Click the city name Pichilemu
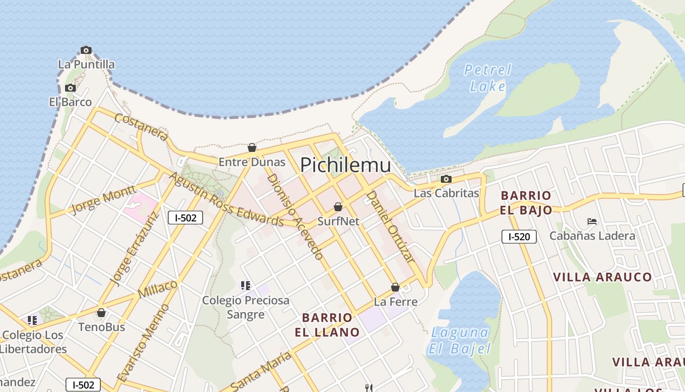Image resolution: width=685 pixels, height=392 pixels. click(x=345, y=165)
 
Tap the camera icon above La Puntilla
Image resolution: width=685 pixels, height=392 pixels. click(x=86, y=50)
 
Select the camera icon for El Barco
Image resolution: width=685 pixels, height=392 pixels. click(x=70, y=88)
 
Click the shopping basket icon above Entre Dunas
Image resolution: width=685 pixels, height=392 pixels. click(x=252, y=147)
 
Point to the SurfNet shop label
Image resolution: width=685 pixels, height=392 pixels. click(x=338, y=221)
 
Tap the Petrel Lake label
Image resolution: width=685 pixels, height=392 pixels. click(x=488, y=78)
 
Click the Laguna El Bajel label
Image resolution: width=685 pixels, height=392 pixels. click(x=459, y=341)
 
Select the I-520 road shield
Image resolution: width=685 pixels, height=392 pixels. click(x=519, y=237)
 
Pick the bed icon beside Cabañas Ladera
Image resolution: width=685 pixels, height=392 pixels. click(x=592, y=221)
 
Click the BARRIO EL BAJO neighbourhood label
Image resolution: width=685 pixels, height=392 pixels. click(x=526, y=203)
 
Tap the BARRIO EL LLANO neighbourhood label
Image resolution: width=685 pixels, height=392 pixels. click(x=327, y=325)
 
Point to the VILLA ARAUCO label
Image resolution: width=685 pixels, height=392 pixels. click(x=602, y=277)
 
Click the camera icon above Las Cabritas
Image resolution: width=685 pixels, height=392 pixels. click(x=446, y=179)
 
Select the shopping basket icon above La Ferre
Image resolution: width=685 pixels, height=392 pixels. click(x=395, y=287)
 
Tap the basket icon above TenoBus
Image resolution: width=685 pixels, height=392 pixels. click(x=101, y=313)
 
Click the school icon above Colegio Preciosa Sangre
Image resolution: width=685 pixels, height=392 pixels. click(x=246, y=285)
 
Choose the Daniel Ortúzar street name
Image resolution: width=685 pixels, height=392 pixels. click(x=390, y=226)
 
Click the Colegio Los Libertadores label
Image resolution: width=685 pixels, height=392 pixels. click(x=33, y=342)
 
